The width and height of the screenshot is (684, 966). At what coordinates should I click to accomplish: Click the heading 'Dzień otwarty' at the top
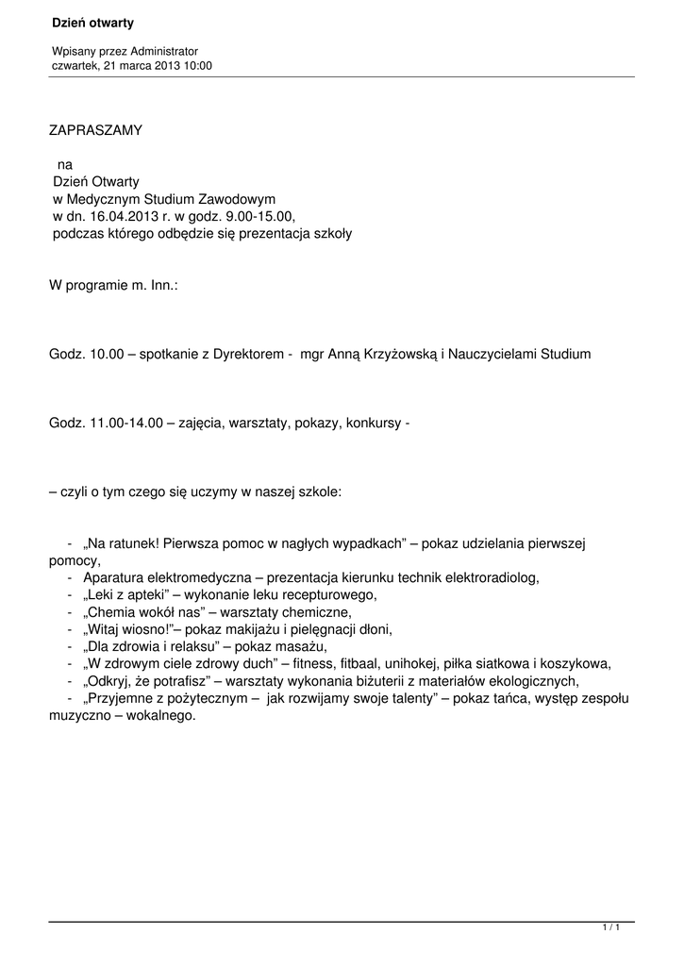pos(92,22)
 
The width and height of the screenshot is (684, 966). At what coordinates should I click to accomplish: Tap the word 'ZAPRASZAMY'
pos(95,130)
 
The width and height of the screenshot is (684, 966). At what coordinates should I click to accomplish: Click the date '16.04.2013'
pos(123,216)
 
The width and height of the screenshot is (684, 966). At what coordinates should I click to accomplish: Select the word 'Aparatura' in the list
pos(115,577)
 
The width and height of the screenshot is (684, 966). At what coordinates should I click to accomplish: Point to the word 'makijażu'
pos(226,628)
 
